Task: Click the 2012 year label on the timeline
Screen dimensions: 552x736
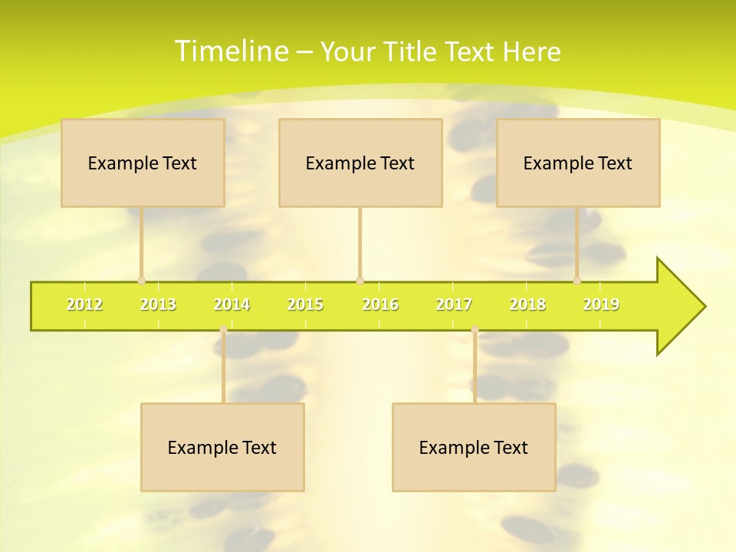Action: click(x=84, y=304)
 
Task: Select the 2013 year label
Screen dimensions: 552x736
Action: click(x=158, y=304)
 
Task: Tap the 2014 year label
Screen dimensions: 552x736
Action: click(x=232, y=304)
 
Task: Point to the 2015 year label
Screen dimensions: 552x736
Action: click(x=305, y=304)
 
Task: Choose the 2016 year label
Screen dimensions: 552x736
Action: click(x=380, y=304)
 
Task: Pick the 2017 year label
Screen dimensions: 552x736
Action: click(x=454, y=304)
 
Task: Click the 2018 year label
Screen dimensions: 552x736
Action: click(x=527, y=304)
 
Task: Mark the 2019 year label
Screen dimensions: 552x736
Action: click(x=601, y=304)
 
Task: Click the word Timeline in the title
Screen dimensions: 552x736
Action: click(x=231, y=51)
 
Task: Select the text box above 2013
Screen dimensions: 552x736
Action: click(x=143, y=163)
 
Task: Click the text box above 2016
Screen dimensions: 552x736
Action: click(x=360, y=163)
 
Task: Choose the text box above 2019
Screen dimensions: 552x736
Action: click(x=578, y=163)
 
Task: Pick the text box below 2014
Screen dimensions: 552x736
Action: click(x=222, y=447)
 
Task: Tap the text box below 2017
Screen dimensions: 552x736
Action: click(x=474, y=447)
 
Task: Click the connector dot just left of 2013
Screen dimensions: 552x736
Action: click(x=141, y=281)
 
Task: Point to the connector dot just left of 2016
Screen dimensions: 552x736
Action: click(x=360, y=281)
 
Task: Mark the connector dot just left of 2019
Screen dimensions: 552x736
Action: click(x=577, y=281)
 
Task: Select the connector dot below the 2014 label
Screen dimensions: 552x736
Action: click(x=223, y=330)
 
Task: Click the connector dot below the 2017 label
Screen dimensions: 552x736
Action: click(x=475, y=330)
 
